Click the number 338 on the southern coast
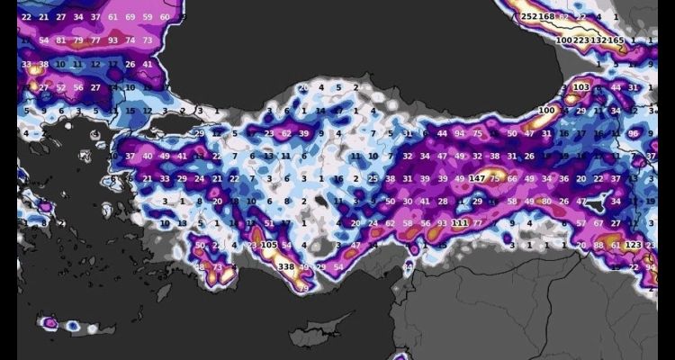pyautogui.click(x=287, y=267)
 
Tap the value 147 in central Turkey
pyautogui.click(x=477, y=179)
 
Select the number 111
pyautogui.click(x=459, y=223)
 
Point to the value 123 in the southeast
pyautogui.click(x=633, y=245)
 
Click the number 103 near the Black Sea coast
pyautogui.click(x=580, y=87)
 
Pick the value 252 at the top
pyautogui.click(x=528, y=17)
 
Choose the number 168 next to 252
pyautogui.click(x=546, y=17)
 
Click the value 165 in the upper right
pyautogui.click(x=617, y=40)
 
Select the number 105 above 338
pyautogui.click(x=268, y=245)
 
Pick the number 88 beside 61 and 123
pyautogui.click(x=599, y=245)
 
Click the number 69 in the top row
pyautogui.click(x=131, y=17)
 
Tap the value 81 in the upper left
pyautogui.click(x=61, y=40)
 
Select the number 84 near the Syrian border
pyautogui.click(x=408, y=266)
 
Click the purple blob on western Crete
pyautogui.click(x=51, y=322)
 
